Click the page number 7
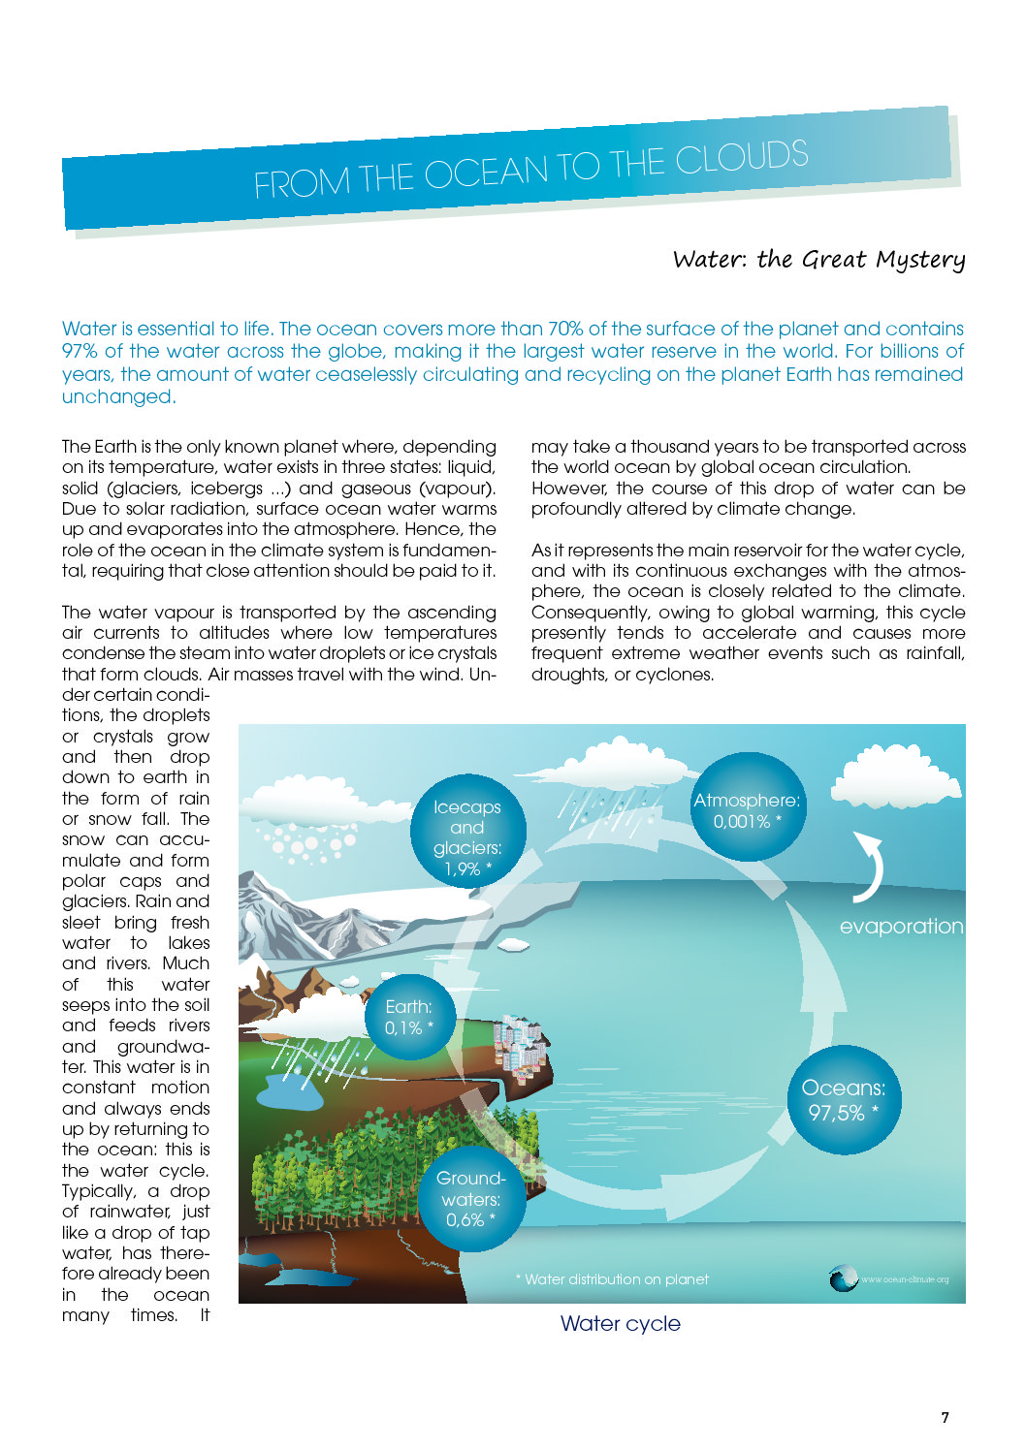coord(946,1417)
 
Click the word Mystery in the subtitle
coord(920,260)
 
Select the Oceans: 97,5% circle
coord(844,1100)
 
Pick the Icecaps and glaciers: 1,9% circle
coord(467,833)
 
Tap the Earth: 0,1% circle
coord(408,1018)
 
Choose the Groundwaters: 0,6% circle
coord(470,1198)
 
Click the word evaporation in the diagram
coord(901,927)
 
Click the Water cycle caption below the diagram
coord(621,1324)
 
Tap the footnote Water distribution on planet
coord(612,1279)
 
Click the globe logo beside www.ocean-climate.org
coord(843,1279)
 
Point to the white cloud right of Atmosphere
coord(895,775)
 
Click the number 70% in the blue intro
coord(565,329)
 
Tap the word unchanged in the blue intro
coord(117,396)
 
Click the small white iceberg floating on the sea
coord(513,943)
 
